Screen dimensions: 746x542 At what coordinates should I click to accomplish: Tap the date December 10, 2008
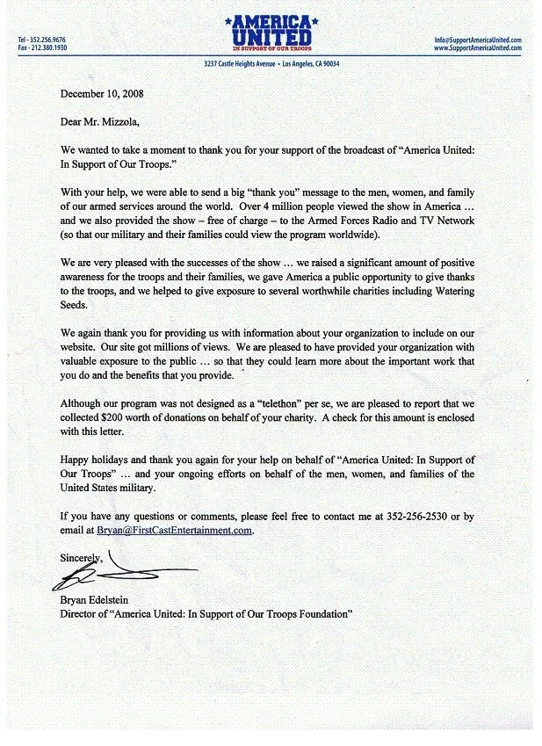pos(102,92)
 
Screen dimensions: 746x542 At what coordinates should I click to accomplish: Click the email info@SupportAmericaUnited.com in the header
pos(479,40)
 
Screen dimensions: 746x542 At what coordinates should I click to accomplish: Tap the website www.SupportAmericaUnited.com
pos(479,48)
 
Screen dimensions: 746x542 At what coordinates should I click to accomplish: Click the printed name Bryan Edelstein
pos(104,602)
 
